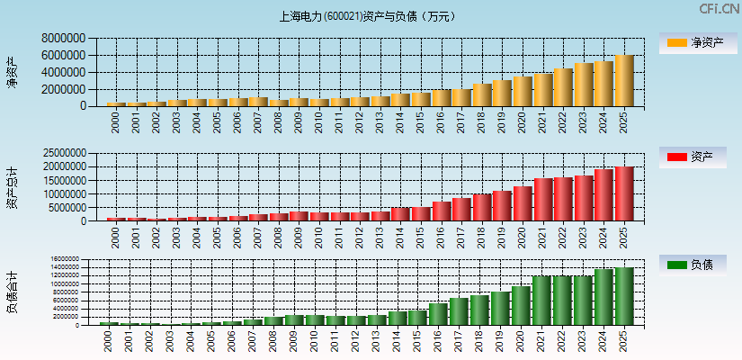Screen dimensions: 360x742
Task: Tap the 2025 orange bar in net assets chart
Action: click(x=624, y=81)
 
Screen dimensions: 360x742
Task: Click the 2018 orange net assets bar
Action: click(x=482, y=94)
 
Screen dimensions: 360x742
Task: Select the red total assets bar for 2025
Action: click(x=624, y=193)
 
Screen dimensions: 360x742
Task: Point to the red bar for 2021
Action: click(x=543, y=199)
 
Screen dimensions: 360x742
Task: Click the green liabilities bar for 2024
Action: click(x=603, y=297)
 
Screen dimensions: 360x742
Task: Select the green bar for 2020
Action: click(x=521, y=306)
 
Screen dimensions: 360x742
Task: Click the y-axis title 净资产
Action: click(x=12, y=72)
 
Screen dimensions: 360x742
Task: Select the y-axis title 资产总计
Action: click(x=12, y=187)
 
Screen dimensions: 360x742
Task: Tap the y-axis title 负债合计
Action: click(x=12, y=292)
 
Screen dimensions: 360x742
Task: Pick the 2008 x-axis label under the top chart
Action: click(x=278, y=122)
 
